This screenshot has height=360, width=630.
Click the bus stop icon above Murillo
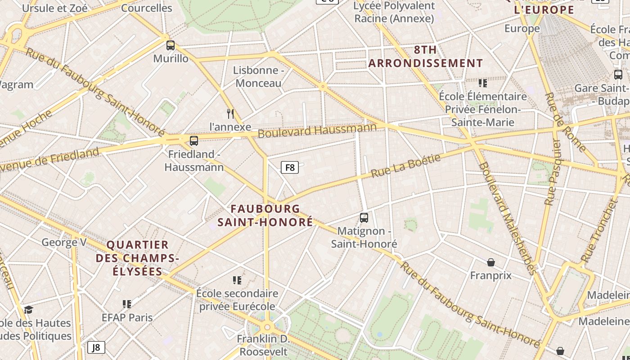(170, 45)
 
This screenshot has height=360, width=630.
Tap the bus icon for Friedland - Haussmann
(194, 141)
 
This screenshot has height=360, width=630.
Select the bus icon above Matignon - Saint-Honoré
(364, 218)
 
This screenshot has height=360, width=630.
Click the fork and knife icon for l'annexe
(230, 113)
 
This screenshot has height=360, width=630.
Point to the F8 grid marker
(290, 168)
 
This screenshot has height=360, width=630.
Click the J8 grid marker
(96, 347)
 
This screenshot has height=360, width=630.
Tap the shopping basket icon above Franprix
(491, 262)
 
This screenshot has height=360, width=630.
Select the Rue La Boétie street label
(405, 166)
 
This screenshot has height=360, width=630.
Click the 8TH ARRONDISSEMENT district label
(425, 57)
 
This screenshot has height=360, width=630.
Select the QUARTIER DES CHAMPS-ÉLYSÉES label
(137, 258)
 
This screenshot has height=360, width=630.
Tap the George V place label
(64, 243)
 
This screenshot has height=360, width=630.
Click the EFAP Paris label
(127, 318)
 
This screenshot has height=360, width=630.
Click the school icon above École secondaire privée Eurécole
(237, 281)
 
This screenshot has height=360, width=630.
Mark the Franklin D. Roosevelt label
(263, 345)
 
